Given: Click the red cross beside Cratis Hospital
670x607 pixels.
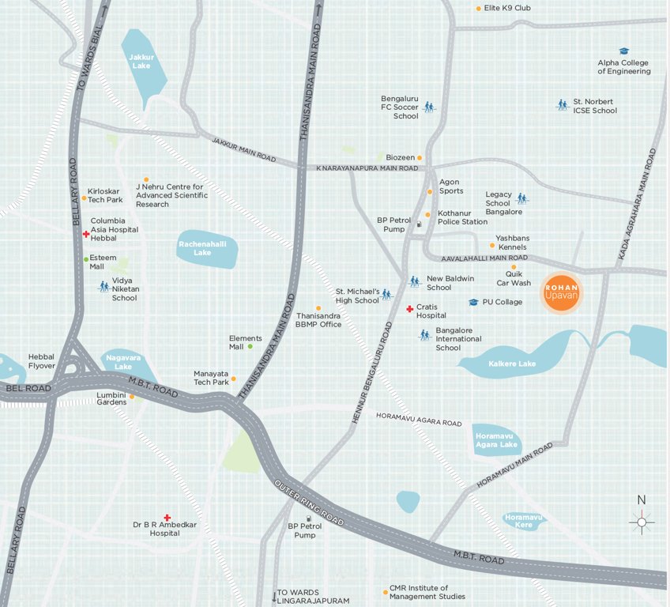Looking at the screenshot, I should [x=409, y=309].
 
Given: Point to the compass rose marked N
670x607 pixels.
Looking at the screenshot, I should [x=642, y=521].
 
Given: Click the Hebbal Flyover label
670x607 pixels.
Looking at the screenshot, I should [x=41, y=361].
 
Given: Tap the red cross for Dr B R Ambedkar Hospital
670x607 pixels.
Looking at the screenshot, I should [x=167, y=517].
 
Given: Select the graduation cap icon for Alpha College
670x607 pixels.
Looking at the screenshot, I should [x=623, y=51].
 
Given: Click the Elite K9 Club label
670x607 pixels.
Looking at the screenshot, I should [x=508, y=8].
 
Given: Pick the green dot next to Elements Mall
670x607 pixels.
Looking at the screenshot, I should [x=250, y=346].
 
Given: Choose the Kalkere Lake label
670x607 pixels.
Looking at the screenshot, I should [x=513, y=364].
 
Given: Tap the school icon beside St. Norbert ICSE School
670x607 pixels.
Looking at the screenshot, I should [x=563, y=104].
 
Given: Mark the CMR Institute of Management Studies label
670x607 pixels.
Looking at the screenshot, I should [x=427, y=592].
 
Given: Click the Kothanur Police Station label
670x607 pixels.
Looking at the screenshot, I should [x=462, y=217].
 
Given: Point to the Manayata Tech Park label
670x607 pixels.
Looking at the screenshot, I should [x=211, y=378].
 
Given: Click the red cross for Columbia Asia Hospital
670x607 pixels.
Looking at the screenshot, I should [x=86, y=234].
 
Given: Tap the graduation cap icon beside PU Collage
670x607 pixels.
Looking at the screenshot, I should [x=473, y=302].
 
